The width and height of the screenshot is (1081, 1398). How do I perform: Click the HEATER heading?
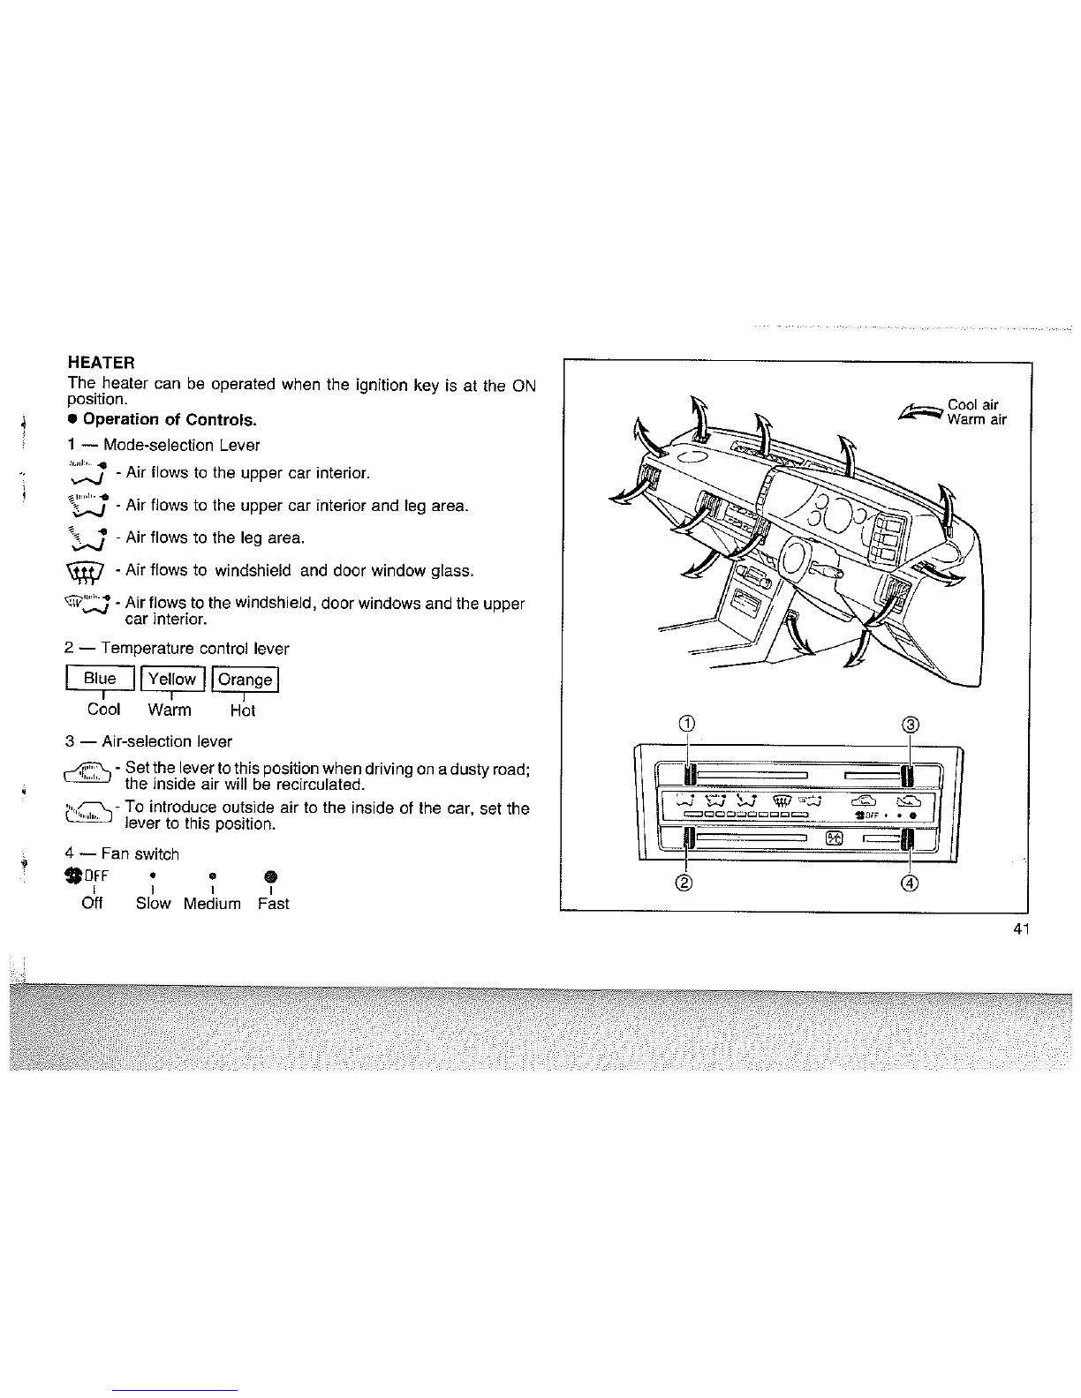(101, 363)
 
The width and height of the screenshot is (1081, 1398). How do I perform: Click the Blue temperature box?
(100, 679)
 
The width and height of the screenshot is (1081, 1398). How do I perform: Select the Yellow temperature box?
(171, 679)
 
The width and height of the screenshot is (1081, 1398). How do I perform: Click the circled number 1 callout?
(689, 725)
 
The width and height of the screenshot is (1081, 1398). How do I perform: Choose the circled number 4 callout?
(911, 883)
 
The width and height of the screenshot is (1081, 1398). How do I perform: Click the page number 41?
(1023, 928)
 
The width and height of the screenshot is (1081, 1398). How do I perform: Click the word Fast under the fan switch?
(273, 904)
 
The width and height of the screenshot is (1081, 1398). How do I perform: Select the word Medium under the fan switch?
(212, 904)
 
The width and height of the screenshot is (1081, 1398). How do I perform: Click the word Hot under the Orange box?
(242, 710)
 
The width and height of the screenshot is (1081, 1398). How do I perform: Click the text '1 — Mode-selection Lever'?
(163, 446)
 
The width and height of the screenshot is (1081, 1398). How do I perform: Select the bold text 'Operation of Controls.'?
(169, 419)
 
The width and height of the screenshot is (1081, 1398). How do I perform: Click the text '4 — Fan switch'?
(122, 854)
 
